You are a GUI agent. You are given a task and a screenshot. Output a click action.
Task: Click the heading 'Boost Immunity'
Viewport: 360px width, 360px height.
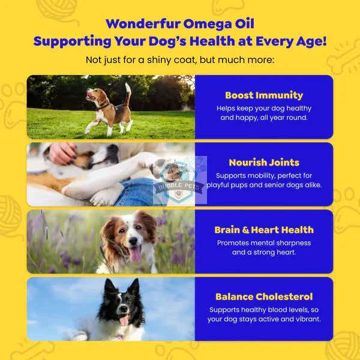pos(264,95)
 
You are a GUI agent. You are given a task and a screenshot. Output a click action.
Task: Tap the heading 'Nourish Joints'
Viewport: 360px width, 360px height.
pos(264,162)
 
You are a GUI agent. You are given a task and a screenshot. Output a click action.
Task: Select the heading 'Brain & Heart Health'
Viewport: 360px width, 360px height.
pos(264,229)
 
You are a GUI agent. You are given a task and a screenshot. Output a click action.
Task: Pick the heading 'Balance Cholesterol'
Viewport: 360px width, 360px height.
pos(264,296)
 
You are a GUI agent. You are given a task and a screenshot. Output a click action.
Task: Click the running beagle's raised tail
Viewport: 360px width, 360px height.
pos(128,92)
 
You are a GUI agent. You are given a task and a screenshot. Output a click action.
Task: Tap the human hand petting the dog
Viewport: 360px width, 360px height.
pos(61,153)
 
